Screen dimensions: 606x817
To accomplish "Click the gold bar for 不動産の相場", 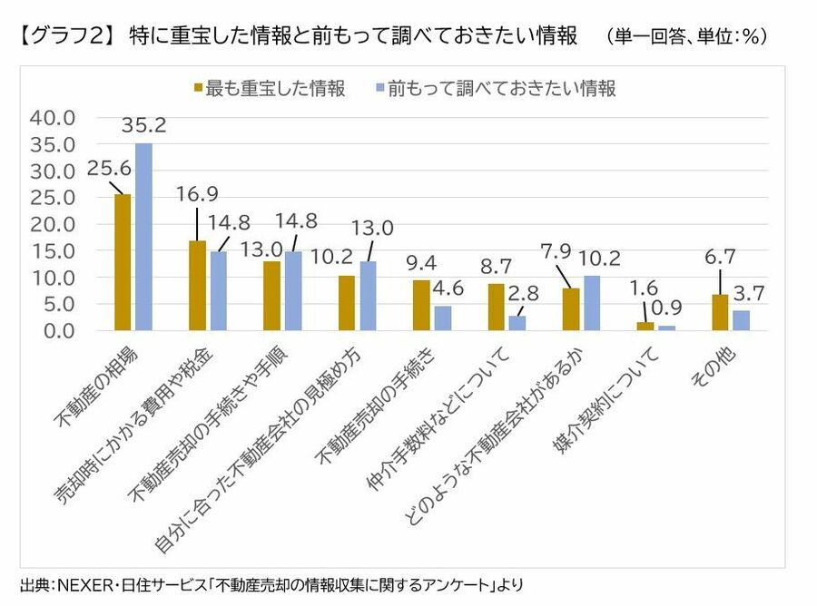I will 123,263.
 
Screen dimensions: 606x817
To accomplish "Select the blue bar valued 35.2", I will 143,238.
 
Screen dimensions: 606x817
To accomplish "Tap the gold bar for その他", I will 720,313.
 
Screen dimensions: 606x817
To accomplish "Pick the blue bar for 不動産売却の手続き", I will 442,318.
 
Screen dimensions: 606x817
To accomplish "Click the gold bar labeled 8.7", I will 496,308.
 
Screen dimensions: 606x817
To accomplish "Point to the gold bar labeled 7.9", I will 570,310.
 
